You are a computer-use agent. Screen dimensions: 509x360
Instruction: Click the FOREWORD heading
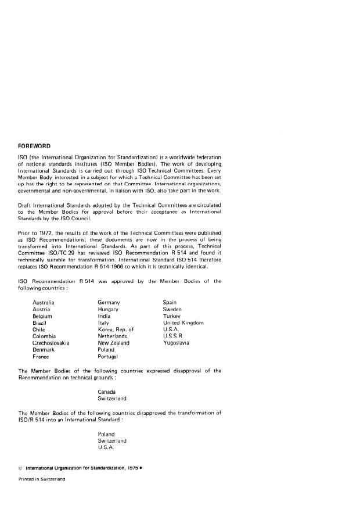pos(38,146)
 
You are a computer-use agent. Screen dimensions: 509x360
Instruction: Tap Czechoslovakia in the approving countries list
pos(52,343)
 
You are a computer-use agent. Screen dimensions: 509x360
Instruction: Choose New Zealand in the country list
pos(114,343)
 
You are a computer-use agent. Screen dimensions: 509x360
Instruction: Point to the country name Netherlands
pos(114,336)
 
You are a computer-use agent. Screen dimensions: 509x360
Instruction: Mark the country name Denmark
pos(44,350)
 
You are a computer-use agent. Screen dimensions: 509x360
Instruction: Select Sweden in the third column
pos(172,310)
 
